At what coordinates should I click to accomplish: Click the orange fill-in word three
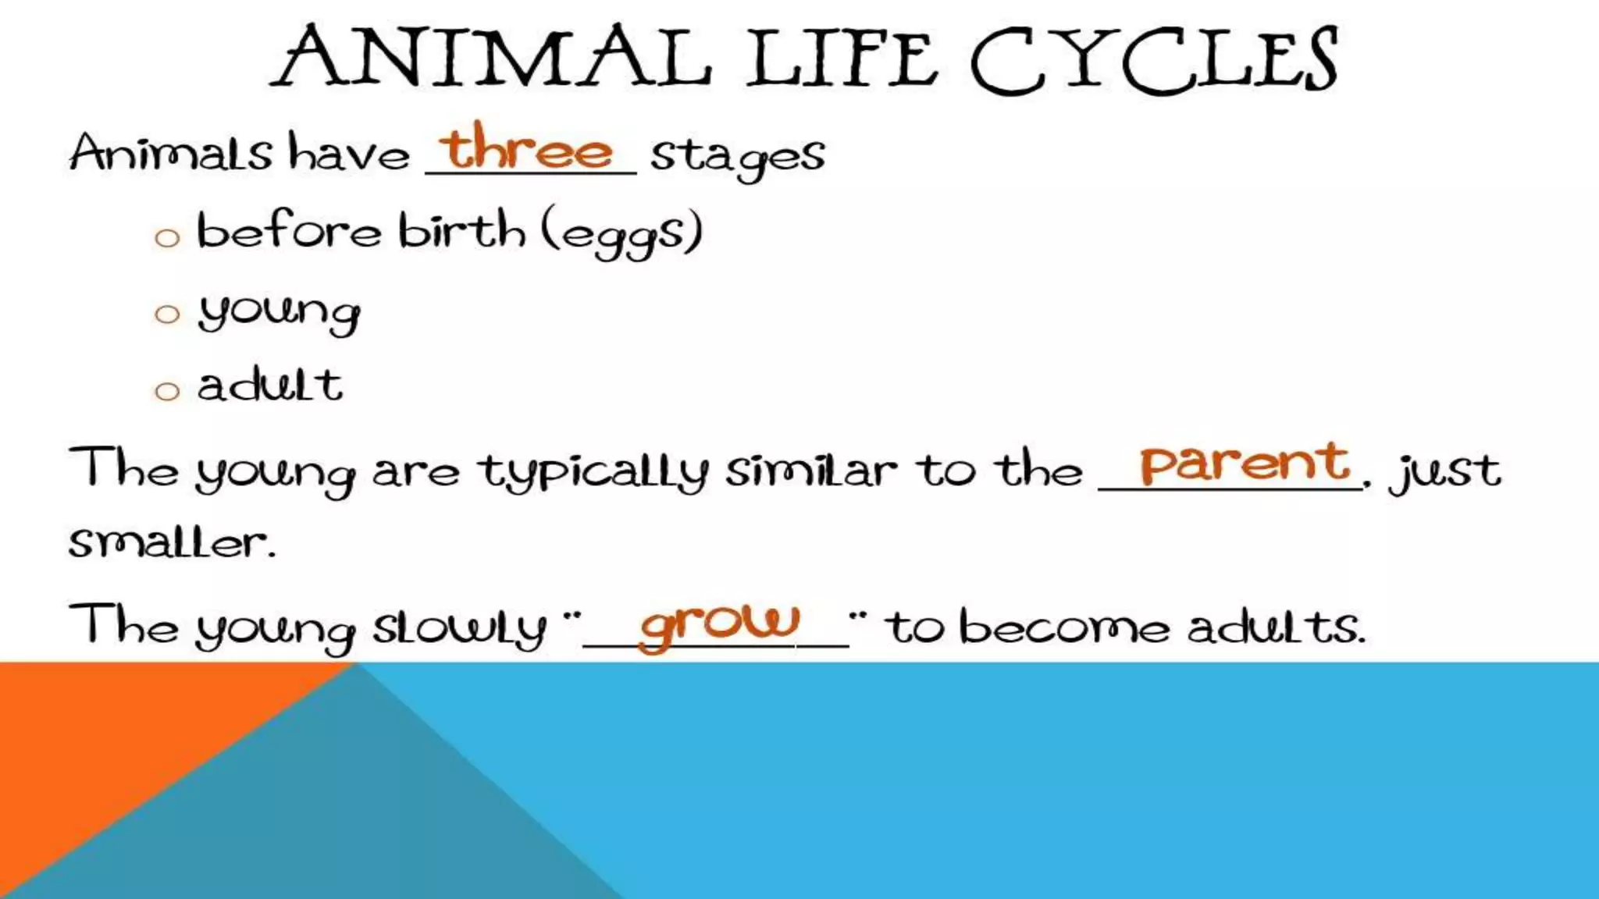click(x=526, y=148)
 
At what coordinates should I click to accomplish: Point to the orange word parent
click(x=1245, y=464)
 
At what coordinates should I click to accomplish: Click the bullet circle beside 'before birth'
click(x=167, y=237)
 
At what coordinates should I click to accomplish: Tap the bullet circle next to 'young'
click(x=167, y=314)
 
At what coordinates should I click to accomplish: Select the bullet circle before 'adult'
click(x=167, y=391)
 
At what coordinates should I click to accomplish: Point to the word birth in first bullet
click(x=461, y=231)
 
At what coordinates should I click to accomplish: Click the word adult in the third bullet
click(x=269, y=386)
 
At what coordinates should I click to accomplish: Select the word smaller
click(x=172, y=542)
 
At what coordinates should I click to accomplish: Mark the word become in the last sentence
click(x=1063, y=627)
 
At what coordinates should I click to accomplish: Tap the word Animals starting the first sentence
click(x=171, y=152)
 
